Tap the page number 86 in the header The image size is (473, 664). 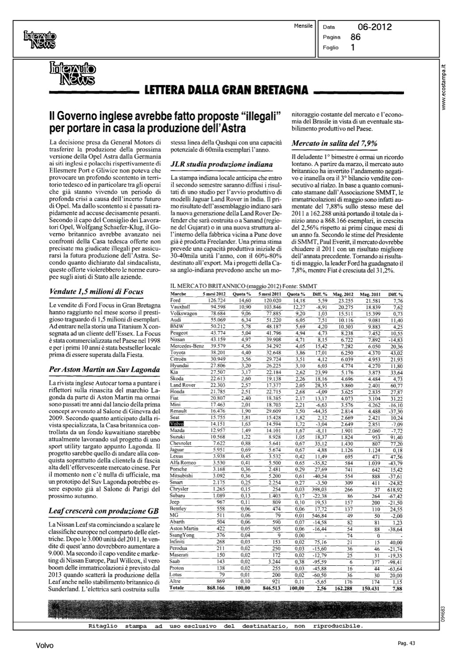click(355, 37)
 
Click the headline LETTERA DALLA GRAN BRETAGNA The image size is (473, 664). click(226, 91)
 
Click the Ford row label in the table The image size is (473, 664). click(175, 300)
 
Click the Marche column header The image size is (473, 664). click(177, 294)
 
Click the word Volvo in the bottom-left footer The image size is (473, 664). click(45, 646)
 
